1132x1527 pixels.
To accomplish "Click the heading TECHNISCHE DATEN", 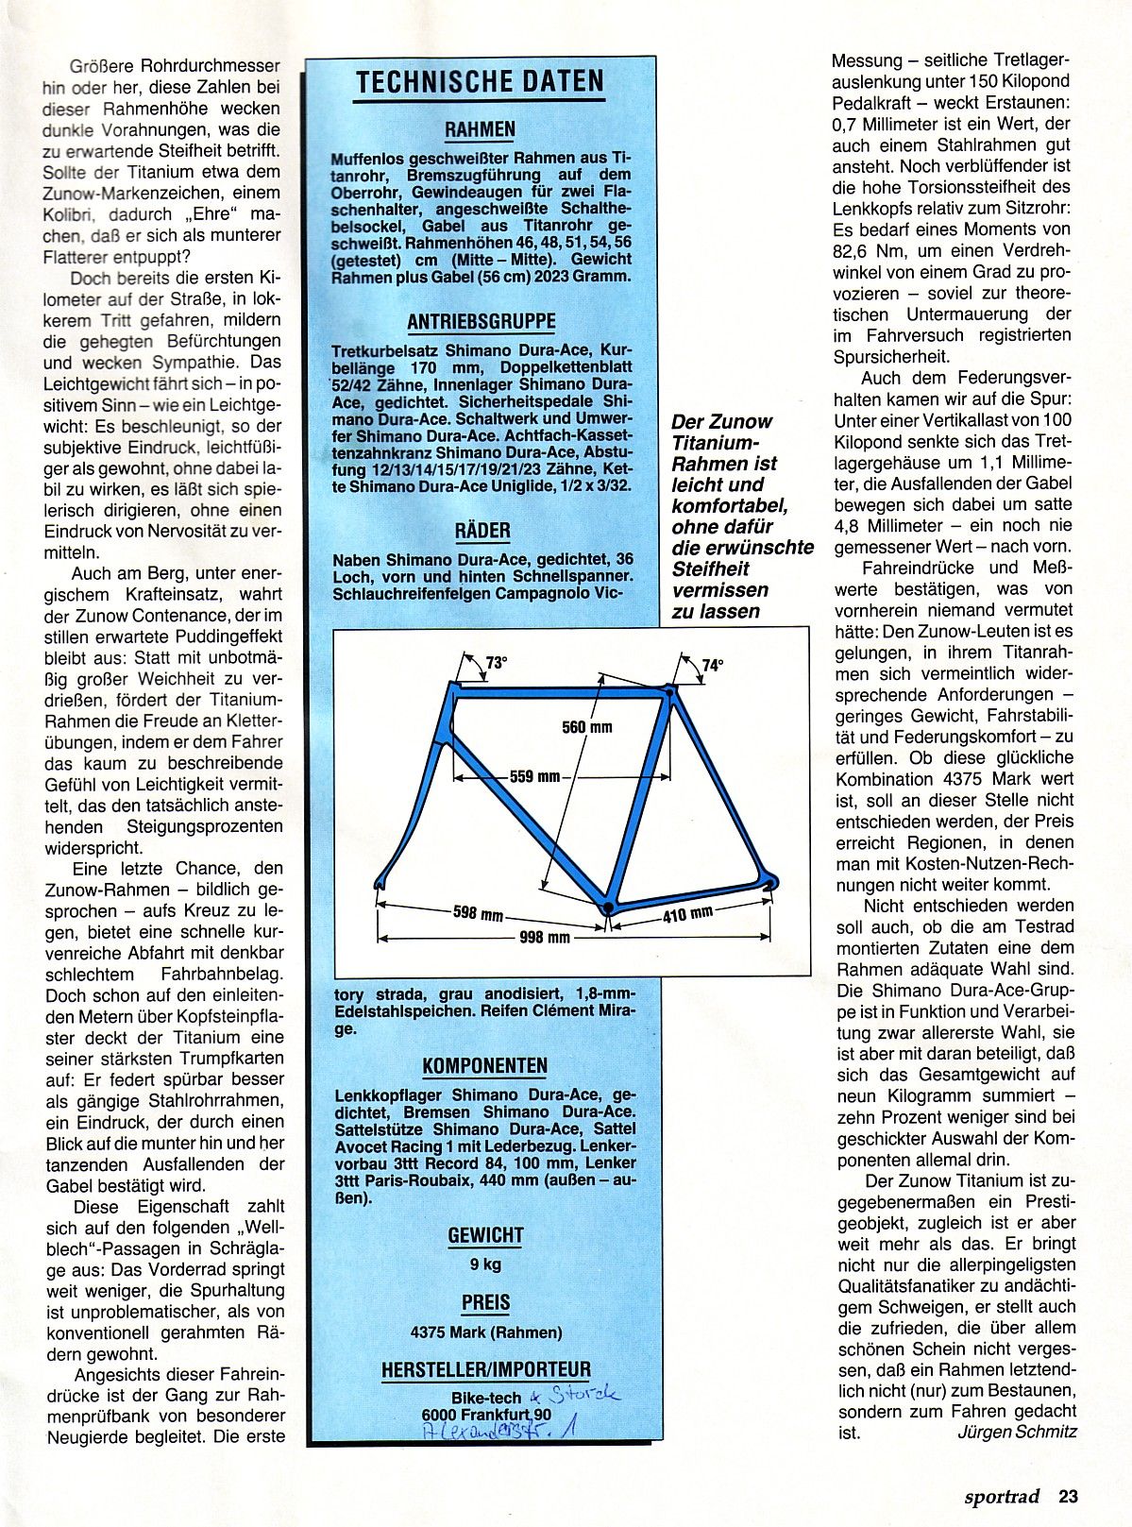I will point(480,83).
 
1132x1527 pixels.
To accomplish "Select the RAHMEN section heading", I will point(481,129).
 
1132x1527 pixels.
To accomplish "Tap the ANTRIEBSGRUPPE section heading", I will point(482,322).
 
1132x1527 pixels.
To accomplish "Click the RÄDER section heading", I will point(482,531).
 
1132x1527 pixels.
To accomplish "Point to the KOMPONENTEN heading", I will point(484,1066).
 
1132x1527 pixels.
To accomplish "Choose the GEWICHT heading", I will point(485,1235).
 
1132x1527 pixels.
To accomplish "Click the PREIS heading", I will point(485,1302).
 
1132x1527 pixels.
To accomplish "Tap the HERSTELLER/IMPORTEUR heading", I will point(485,1369).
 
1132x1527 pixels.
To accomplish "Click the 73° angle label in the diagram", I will point(496,663).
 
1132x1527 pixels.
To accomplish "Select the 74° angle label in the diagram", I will point(712,665).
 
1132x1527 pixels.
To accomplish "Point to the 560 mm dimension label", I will point(586,726).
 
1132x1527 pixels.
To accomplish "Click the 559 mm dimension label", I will point(534,776).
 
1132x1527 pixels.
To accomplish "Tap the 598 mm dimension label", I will point(478,914).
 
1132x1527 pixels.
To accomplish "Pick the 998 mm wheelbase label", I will point(545,937).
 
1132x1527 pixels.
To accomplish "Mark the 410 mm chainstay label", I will point(687,913).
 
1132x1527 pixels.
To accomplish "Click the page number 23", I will point(1068,1496).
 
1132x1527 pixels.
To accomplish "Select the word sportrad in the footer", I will point(1002,1496).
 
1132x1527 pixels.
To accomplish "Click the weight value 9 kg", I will point(485,1264).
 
